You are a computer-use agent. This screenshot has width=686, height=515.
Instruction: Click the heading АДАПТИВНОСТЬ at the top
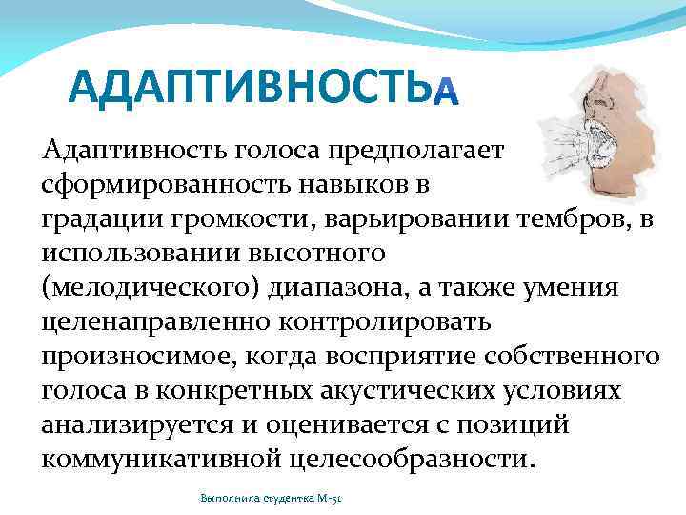[244, 89]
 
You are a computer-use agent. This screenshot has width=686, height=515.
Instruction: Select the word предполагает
[419, 150]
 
